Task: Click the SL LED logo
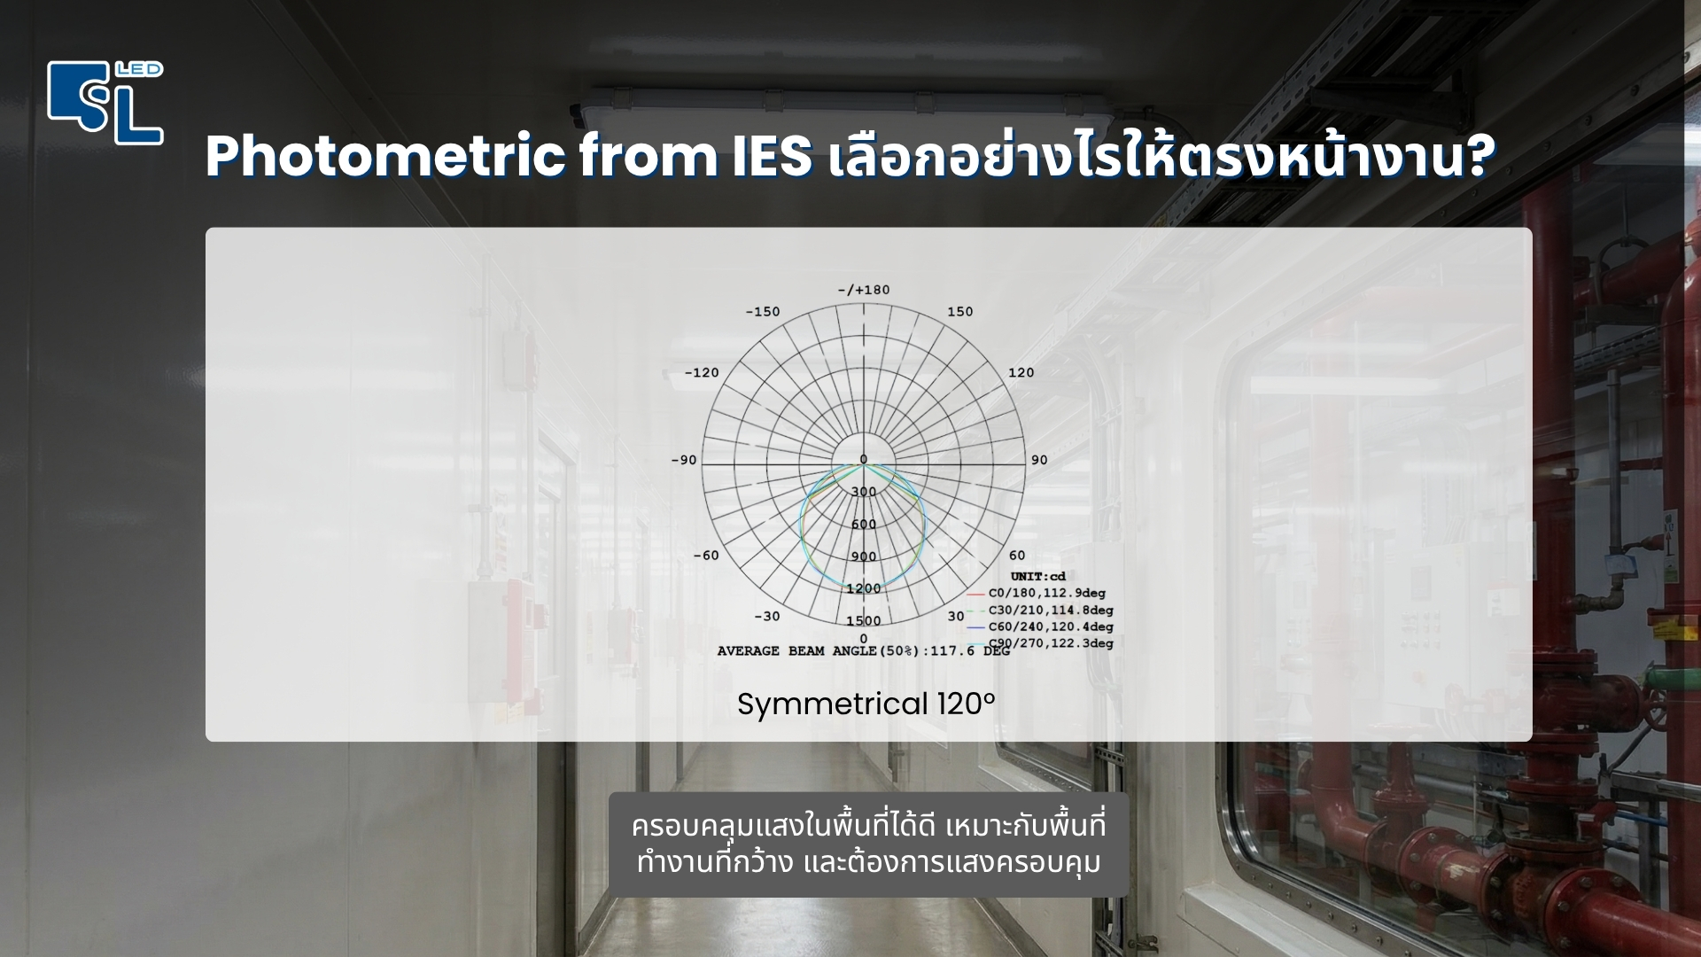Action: [x=105, y=103]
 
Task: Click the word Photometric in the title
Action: [x=385, y=158]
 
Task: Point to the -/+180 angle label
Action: [x=864, y=290]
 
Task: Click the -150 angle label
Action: [x=762, y=312]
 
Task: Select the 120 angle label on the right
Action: [x=1021, y=372]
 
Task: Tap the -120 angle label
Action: [x=702, y=372]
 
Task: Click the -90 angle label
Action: [x=683, y=460]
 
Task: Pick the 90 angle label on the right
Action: [x=1039, y=460]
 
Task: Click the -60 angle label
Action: [x=705, y=556]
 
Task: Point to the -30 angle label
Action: [x=766, y=617]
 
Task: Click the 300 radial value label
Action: [x=864, y=492]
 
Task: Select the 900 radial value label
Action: [x=864, y=556]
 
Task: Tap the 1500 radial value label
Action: [x=864, y=620]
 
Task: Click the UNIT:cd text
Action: [x=1037, y=577]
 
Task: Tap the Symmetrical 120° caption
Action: [x=866, y=704]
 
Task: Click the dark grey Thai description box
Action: [x=868, y=844]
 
